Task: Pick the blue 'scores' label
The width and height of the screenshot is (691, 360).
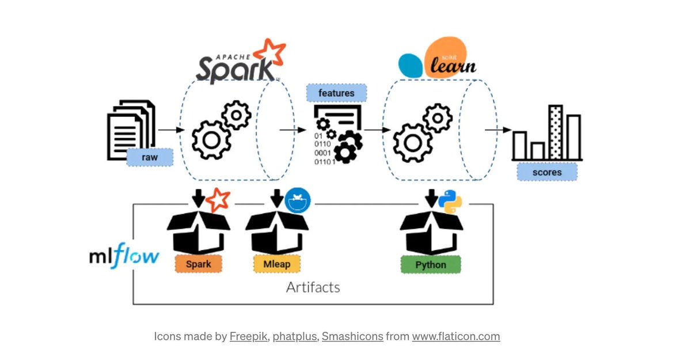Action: click(546, 172)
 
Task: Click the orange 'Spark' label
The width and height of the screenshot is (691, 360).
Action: click(198, 264)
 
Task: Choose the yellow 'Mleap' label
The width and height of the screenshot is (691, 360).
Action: click(272, 264)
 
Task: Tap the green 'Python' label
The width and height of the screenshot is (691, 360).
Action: click(431, 265)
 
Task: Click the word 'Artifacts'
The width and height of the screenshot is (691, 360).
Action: click(313, 287)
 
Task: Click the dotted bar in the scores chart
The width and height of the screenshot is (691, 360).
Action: click(555, 132)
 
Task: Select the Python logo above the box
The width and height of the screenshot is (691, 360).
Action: click(450, 202)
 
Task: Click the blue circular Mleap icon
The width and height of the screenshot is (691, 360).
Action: click(298, 200)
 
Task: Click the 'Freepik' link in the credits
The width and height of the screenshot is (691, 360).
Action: click(248, 336)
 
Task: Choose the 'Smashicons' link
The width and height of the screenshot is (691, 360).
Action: click(352, 336)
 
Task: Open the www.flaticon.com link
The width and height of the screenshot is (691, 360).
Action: click(455, 336)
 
